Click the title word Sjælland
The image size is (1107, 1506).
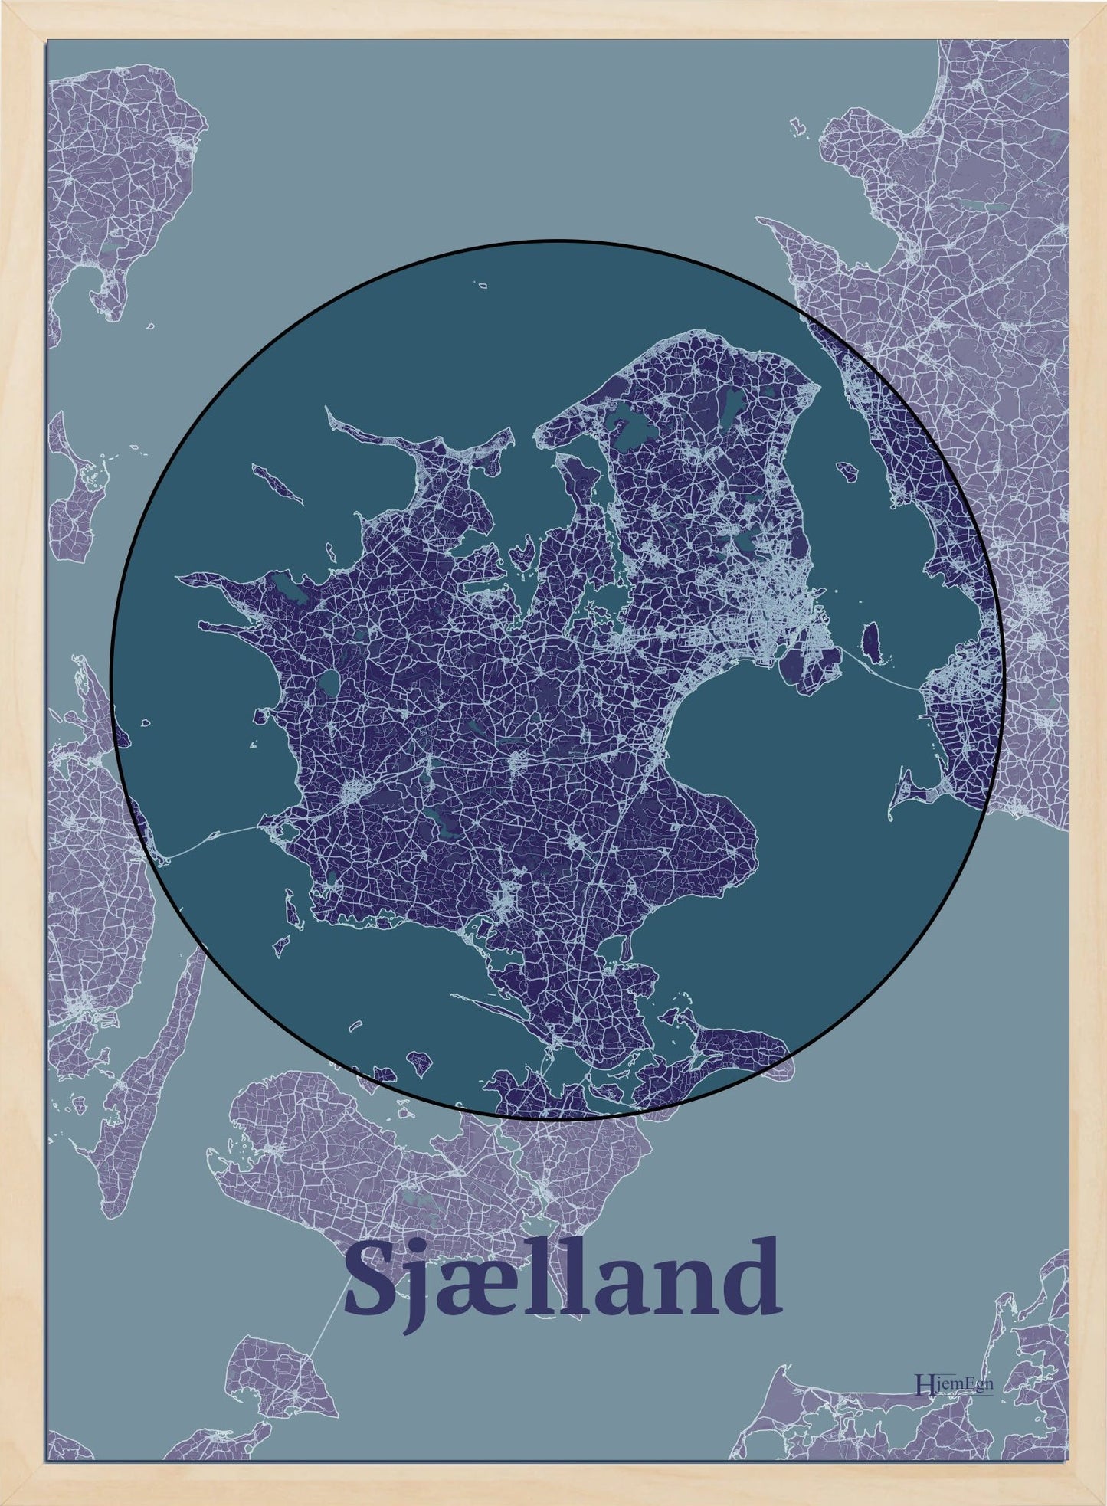563,1276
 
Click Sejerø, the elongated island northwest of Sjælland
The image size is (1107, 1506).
276,483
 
